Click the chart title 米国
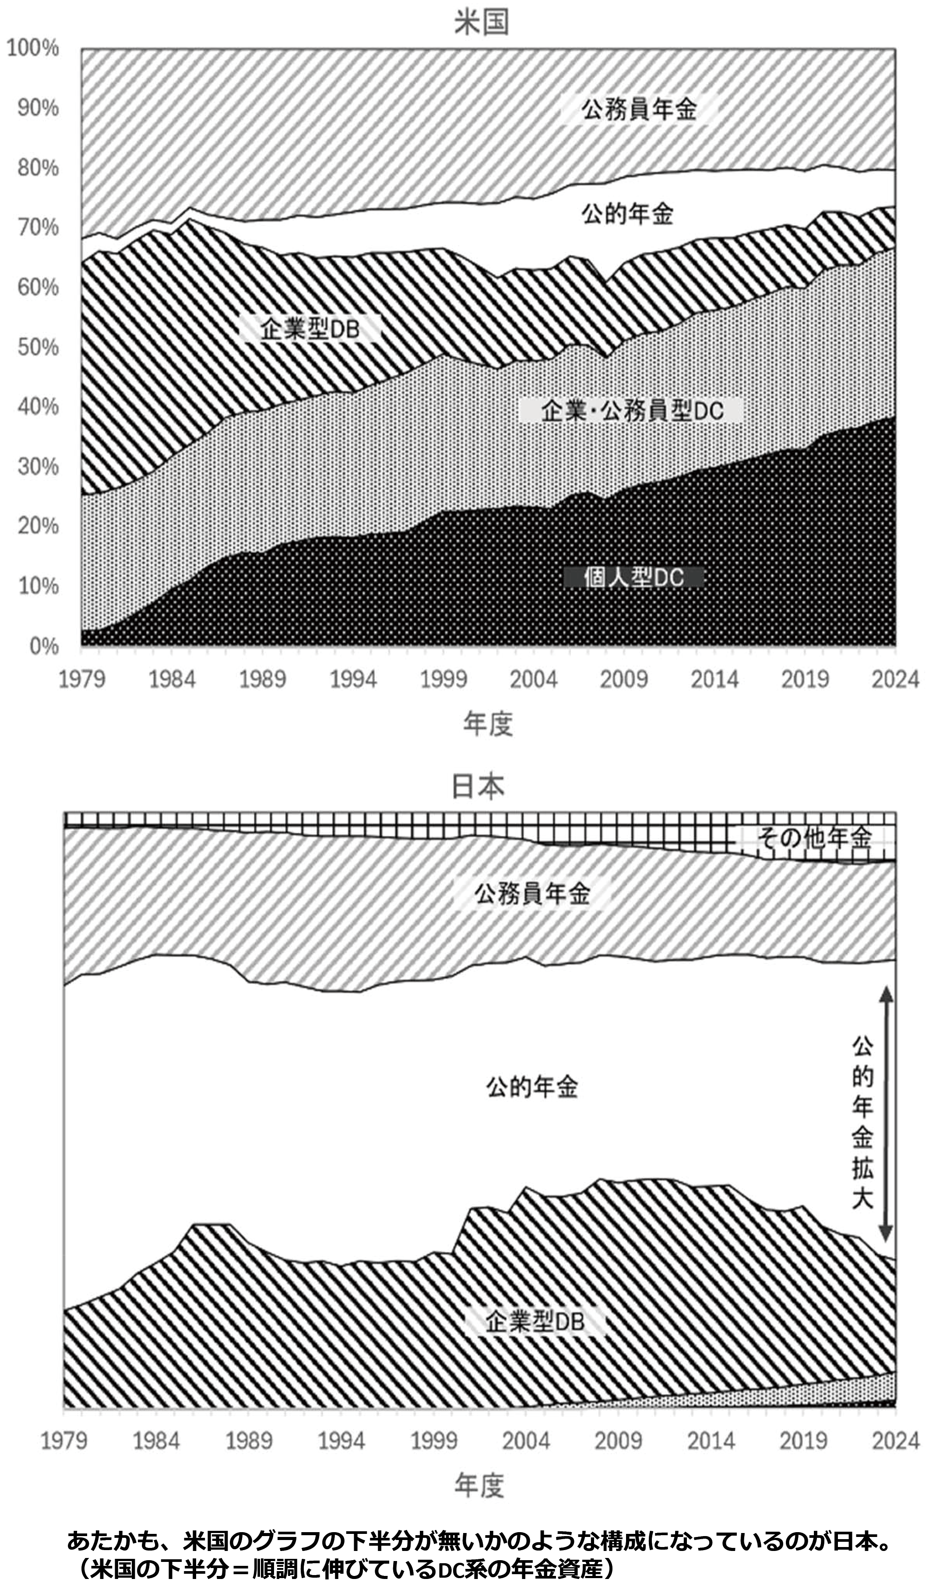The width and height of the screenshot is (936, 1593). [481, 23]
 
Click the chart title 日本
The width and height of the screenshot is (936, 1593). [479, 786]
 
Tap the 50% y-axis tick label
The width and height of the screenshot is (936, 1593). [38, 347]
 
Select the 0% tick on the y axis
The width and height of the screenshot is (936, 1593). [44, 646]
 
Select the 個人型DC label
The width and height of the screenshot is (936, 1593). [634, 577]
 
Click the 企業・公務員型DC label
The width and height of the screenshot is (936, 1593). [632, 412]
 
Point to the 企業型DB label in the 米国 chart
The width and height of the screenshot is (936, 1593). [310, 329]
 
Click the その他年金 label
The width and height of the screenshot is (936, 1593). [815, 838]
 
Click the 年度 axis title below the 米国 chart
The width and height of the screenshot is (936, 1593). [487, 724]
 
